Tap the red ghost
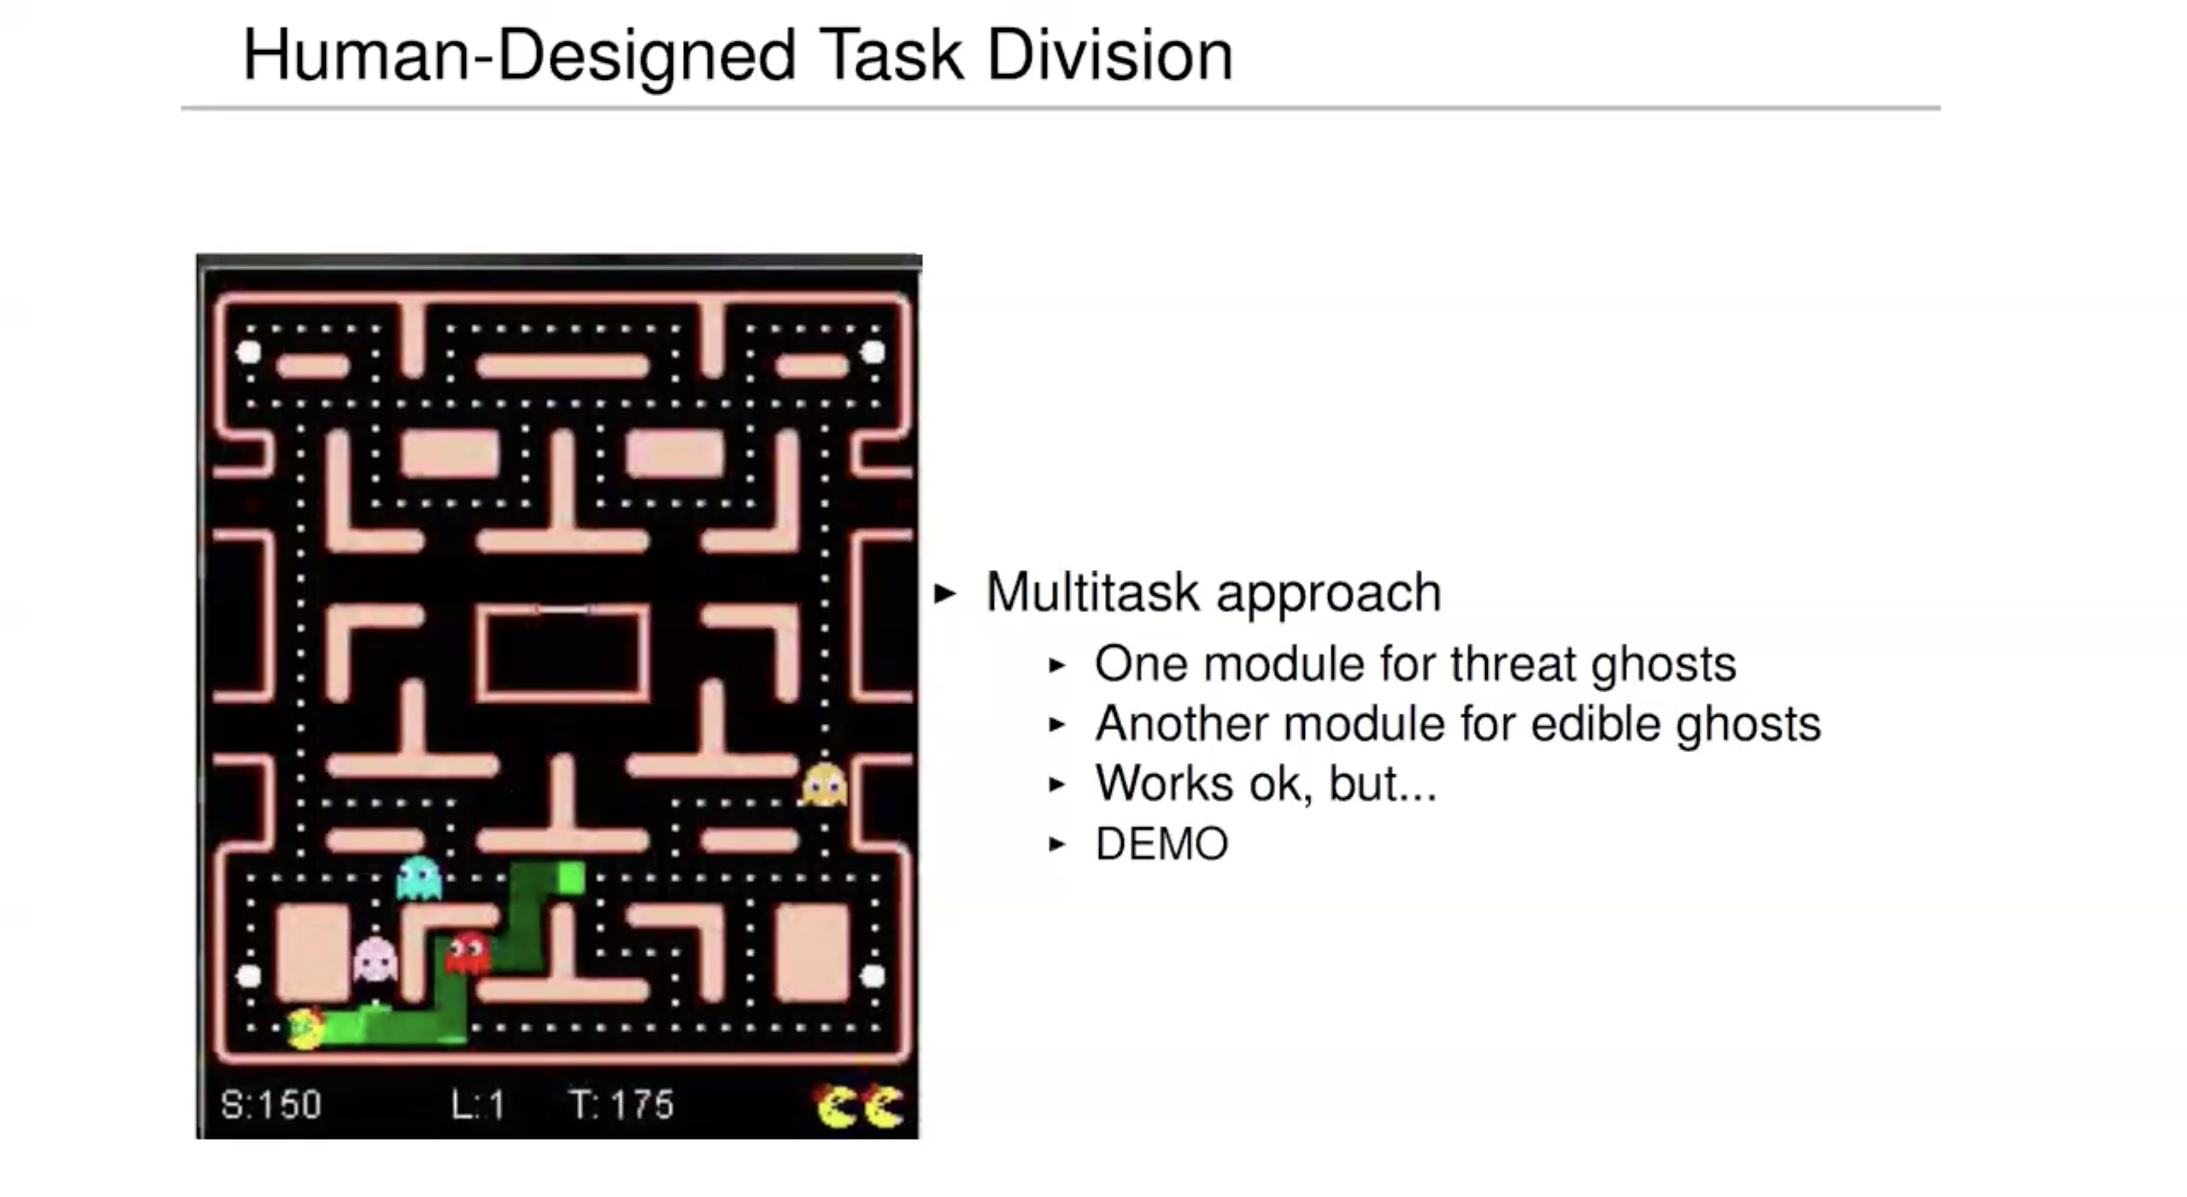pyautogui.click(x=467, y=953)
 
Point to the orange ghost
pyautogui.click(x=823, y=785)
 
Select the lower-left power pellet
pyautogui.click(x=249, y=976)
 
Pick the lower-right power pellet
pyautogui.click(x=873, y=976)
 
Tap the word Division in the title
pyautogui.click(x=1109, y=56)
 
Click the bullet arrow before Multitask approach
pyautogui.click(x=944, y=593)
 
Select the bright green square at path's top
pyautogui.click(x=571, y=878)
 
